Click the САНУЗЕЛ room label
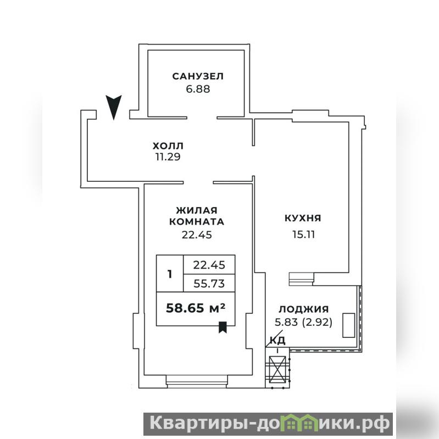click(198, 76)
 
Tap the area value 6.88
click(198, 89)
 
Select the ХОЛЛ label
click(168, 146)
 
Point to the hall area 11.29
click(168, 157)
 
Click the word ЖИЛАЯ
click(197, 210)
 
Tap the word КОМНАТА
click(197, 222)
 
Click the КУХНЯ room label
click(303, 218)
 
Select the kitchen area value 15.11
click(304, 235)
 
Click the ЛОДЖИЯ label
click(304, 309)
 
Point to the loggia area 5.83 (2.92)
click(303, 323)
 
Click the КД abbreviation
click(277, 341)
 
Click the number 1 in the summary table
click(170, 274)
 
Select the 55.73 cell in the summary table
click(209, 284)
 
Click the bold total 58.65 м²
click(196, 308)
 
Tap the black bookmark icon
click(223, 327)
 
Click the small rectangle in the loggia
click(349, 325)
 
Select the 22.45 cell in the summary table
click(209, 265)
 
